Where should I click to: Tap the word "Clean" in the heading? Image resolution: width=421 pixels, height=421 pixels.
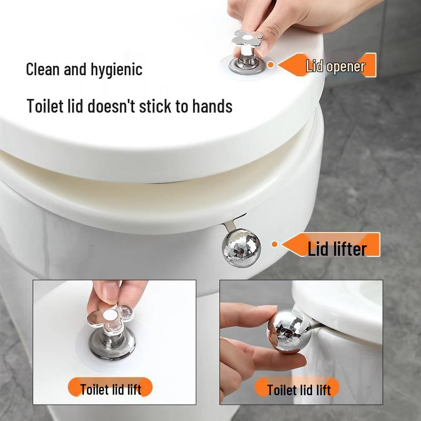[x=43, y=69]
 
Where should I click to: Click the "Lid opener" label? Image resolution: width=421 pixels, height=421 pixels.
[x=335, y=66]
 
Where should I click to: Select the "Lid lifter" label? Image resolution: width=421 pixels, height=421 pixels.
[x=337, y=248]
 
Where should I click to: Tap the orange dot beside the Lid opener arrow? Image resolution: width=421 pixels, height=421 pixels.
[x=270, y=65]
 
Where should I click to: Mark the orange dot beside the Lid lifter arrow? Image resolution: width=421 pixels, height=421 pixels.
[x=274, y=244]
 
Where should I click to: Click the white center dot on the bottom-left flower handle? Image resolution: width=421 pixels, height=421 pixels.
[x=109, y=316]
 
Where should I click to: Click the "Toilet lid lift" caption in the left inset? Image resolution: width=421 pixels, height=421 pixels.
[x=111, y=389]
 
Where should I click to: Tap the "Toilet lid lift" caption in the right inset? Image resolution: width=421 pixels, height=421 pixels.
[x=298, y=389]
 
